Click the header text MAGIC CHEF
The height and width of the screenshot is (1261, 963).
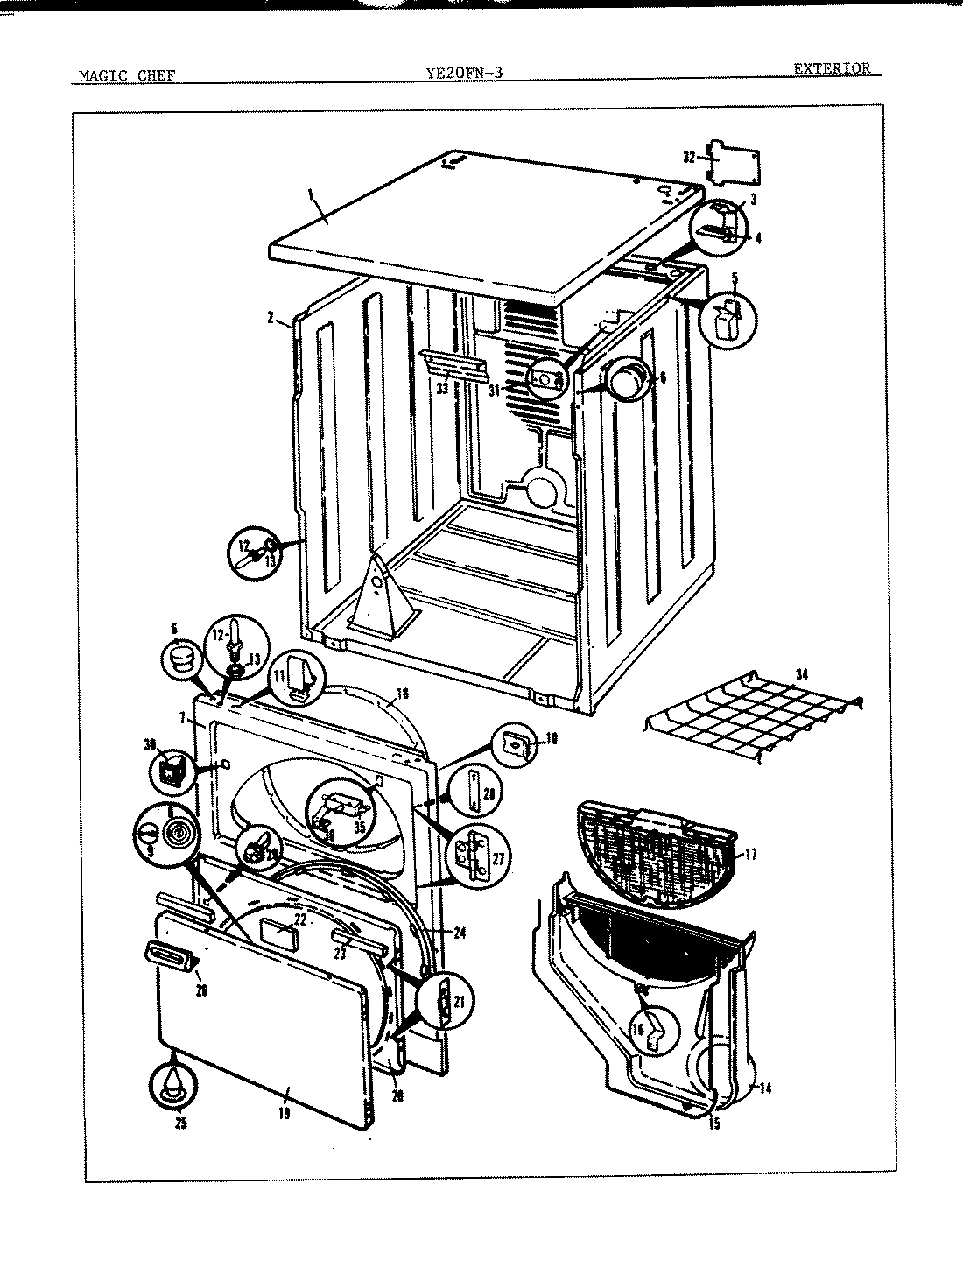[127, 75]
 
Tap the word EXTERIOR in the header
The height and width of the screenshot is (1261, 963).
[832, 68]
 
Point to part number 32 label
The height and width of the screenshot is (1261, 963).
[689, 158]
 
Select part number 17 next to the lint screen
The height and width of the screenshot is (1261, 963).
[750, 855]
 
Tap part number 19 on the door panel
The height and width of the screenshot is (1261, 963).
[284, 1114]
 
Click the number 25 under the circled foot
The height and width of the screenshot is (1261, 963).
[181, 1124]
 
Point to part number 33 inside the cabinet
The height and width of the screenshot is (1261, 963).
[442, 388]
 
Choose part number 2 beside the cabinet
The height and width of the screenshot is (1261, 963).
[271, 318]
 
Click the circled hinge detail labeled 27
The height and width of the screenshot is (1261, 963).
[474, 856]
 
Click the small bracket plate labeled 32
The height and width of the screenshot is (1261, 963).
[732, 163]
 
